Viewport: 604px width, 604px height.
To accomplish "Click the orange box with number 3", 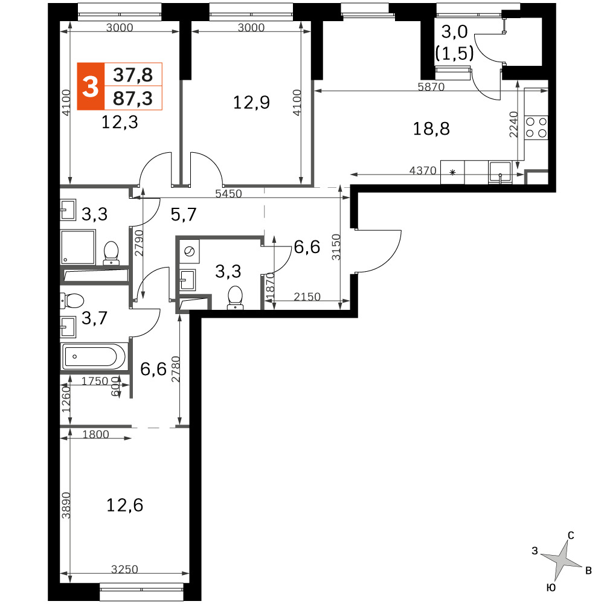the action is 91,86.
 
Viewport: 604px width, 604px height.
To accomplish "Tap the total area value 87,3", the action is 133,98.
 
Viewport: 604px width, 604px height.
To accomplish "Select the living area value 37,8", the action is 133,75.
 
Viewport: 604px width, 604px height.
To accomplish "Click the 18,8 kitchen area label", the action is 431,129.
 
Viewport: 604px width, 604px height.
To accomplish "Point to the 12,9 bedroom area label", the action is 251,103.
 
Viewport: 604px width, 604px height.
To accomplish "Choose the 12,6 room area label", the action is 124,505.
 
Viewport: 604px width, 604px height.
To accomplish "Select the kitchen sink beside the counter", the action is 500,172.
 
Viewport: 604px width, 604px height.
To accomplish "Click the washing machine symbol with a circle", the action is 189,251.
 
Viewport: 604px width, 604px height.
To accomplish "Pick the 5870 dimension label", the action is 431,86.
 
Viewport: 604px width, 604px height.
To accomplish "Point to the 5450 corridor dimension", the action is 228,193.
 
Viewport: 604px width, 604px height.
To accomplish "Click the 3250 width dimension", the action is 124,569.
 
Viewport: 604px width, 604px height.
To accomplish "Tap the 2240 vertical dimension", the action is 514,124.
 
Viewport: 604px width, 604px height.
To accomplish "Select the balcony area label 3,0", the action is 455,32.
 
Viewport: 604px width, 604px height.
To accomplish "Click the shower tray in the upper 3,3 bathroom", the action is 78,247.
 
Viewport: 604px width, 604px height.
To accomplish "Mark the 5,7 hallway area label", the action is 184,214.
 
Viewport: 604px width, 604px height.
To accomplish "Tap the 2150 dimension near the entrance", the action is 307,297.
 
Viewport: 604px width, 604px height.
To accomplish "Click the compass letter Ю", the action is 551,588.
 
